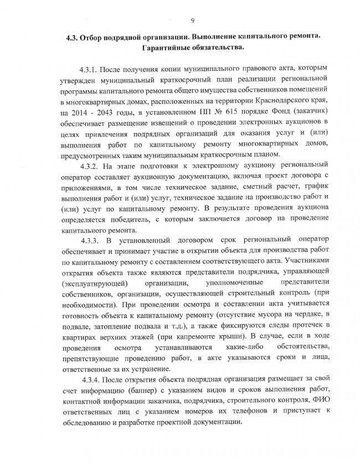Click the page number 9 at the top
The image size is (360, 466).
192,21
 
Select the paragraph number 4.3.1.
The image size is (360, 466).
92,71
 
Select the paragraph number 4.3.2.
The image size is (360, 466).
92,166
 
